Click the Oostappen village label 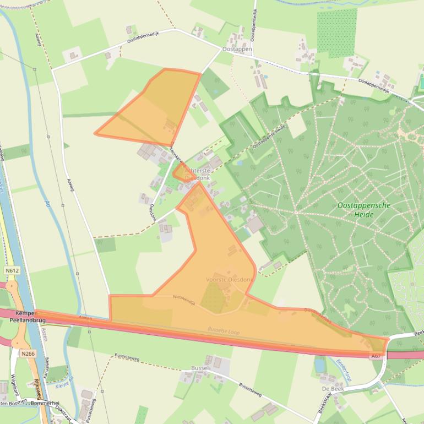pyautogui.click(x=237, y=49)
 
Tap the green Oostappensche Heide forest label pyautogui.click(x=363, y=209)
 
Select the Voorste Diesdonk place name pyautogui.click(x=229, y=279)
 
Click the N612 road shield pyautogui.click(x=12, y=271)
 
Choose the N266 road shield pyautogui.click(x=28, y=354)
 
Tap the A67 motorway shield pyautogui.click(x=376, y=356)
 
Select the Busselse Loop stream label pyautogui.click(x=224, y=331)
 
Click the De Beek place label pyautogui.click(x=333, y=388)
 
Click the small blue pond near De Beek pyautogui.click(x=320, y=364)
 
